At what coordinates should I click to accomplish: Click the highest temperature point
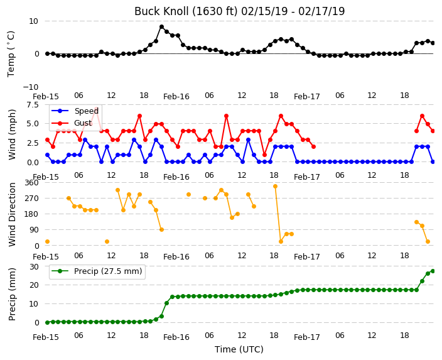pyautogui.click(x=161, y=27)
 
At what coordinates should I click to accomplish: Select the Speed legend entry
pyautogui.click(x=75, y=111)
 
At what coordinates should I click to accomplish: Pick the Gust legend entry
pyautogui.click(x=72, y=123)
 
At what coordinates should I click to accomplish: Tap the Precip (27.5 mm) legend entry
pyautogui.click(x=97, y=271)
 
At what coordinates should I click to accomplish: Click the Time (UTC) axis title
pyautogui.click(x=239, y=349)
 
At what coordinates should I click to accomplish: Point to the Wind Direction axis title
pyautogui.click(x=12, y=214)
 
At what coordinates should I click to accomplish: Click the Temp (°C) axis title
pyautogui.click(x=11, y=53)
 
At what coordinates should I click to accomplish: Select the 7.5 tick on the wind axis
pyautogui.click(x=33, y=105)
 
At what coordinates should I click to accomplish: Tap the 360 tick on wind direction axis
pyautogui.click(x=31, y=183)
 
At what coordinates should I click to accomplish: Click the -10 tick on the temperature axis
pyautogui.click(x=30, y=87)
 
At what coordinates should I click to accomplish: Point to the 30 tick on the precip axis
pyautogui.click(x=34, y=266)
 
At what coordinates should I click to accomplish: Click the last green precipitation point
pyautogui.click(x=433, y=271)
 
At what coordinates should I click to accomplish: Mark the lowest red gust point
pyautogui.click(x=264, y=155)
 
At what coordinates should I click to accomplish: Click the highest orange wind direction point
pyautogui.click(x=276, y=186)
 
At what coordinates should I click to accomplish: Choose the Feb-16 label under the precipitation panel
pyautogui.click(x=176, y=337)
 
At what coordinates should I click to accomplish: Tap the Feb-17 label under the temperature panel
pyautogui.click(x=306, y=97)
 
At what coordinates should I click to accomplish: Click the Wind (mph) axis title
pyautogui.click(x=12, y=134)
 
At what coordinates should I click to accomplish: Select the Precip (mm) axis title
pyautogui.click(x=12, y=295)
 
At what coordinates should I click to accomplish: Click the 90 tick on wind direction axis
pyautogui.click(x=34, y=230)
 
